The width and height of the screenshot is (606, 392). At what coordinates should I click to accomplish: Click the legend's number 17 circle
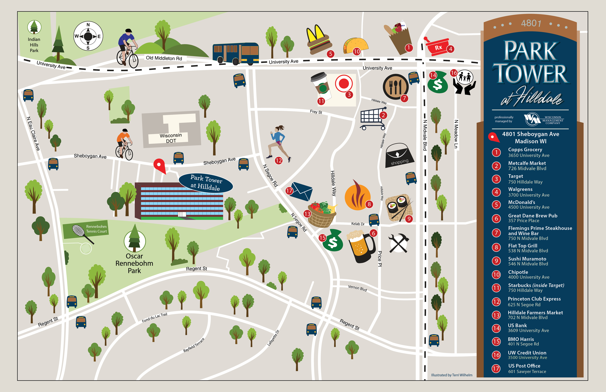(x=496, y=369)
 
